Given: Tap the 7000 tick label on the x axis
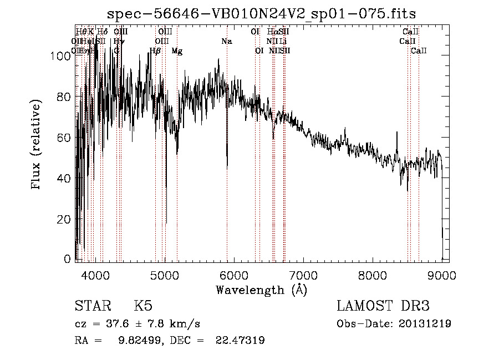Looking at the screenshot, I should [x=303, y=275].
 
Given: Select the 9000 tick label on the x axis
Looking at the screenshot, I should [x=442, y=275].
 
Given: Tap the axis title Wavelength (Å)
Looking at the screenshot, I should [x=261, y=290].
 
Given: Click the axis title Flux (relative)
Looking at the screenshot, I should [x=37, y=145].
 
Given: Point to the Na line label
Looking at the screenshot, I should [x=226, y=41].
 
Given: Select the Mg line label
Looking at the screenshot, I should [x=177, y=51].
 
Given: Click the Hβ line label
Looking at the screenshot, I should [x=155, y=51].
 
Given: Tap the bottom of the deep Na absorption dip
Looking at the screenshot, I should [x=227, y=167].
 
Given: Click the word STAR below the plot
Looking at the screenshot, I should [x=93, y=306].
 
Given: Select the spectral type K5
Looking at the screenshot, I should [x=143, y=306].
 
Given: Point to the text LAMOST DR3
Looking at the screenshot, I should [x=383, y=306].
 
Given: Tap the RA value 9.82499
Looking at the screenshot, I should [x=136, y=341].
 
